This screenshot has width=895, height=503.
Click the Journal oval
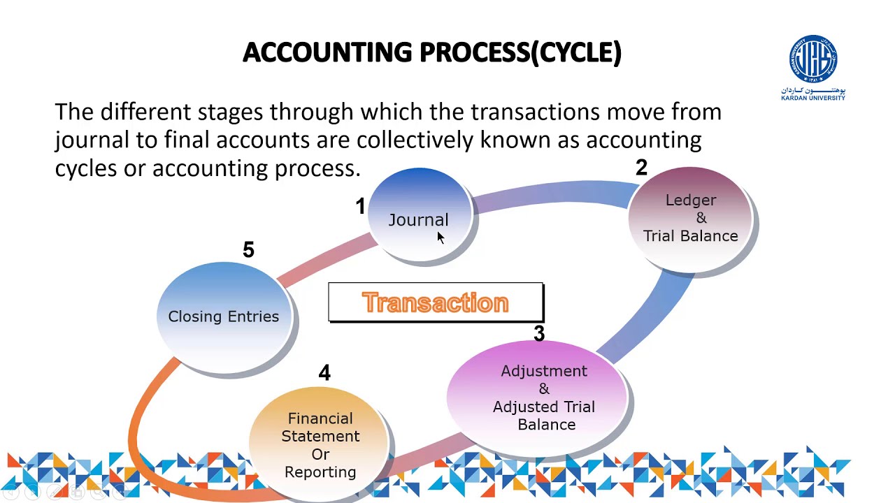[419, 217]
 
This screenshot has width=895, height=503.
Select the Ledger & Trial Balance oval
[690, 218]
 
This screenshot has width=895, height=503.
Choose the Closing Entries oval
[224, 316]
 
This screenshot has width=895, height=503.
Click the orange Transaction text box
[435, 302]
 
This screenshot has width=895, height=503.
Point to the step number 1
[360, 207]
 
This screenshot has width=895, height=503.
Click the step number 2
[641, 168]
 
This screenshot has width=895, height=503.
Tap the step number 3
[538, 334]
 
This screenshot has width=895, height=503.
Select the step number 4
[324, 373]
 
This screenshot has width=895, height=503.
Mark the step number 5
[248, 250]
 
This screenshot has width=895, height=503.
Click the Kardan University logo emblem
[813, 59]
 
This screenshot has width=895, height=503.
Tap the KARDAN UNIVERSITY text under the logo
[813, 98]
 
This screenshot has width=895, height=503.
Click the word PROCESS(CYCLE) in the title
[520, 52]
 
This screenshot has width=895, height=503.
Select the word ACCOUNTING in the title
[327, 52]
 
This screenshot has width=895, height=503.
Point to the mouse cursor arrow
[440, 238]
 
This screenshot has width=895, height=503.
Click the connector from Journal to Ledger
[552, 195]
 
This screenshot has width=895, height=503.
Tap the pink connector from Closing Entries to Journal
[325, 260]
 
